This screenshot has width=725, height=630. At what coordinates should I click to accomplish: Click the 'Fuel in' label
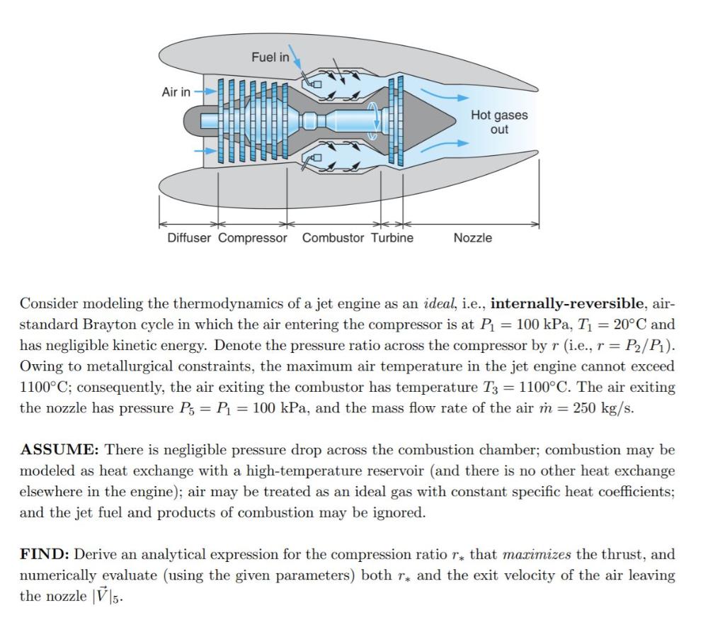coord(270,57)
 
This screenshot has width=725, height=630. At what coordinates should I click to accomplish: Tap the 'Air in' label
coord(176,92)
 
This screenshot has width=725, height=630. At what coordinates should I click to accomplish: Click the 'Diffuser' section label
coord(188,238)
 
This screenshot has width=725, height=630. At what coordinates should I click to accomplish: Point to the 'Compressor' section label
coord(253,238)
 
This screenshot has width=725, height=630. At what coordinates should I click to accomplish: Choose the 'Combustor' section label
coord(333,238)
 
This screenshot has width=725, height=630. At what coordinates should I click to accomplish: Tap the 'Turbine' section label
coord(392,238)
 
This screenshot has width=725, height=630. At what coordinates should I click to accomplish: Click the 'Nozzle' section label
coord(472,238)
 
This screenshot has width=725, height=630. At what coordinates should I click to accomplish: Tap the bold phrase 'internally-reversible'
coord(567,304)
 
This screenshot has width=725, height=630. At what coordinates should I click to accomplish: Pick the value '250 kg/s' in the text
coord(605,409)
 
